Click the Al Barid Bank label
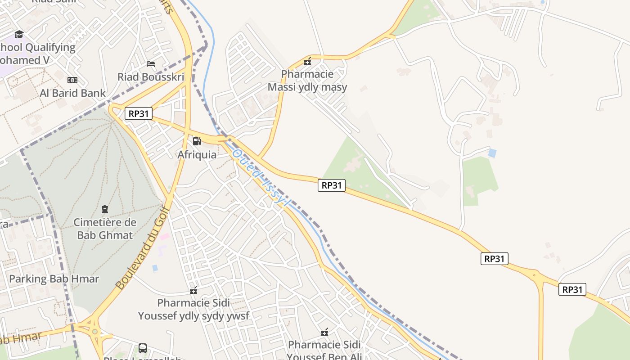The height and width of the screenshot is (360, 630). pyautogui.click(x=72, y=93)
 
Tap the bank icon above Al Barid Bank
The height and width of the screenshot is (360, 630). pyautogui.click(x=72, y=80)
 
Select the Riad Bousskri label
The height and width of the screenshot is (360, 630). pyautogui.click(x=151, y=77)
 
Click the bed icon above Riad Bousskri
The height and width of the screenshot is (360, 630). pyautogui.click(x=151, y=64)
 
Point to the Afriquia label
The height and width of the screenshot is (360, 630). pyautogui.click(x=197, y=154)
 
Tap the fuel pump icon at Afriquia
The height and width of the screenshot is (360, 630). pyautogui.click(x=197, y=141)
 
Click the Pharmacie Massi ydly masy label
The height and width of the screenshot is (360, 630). pyautogui.click(x=307, y=81)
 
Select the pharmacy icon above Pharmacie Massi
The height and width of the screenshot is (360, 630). pyautogui.click(x=307, y=61)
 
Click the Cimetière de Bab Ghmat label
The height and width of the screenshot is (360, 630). pyautogui.click(x=105, y=229)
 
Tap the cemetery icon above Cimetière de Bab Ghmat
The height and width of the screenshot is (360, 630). pyautogui.click(x=105, y=209)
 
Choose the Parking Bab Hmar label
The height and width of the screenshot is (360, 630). pyautogui.click(x=54, y=279)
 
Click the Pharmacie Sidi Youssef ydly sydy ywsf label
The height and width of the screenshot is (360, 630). pyautogui.click(x=193, y=309)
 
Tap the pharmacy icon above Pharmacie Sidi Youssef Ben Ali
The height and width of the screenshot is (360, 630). pyautogui.click(x=324, y=333)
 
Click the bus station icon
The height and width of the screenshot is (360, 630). pyautogui.click(x=142, y=348)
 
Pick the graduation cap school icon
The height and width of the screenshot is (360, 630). pyautogui.click(x=19, y=34)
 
